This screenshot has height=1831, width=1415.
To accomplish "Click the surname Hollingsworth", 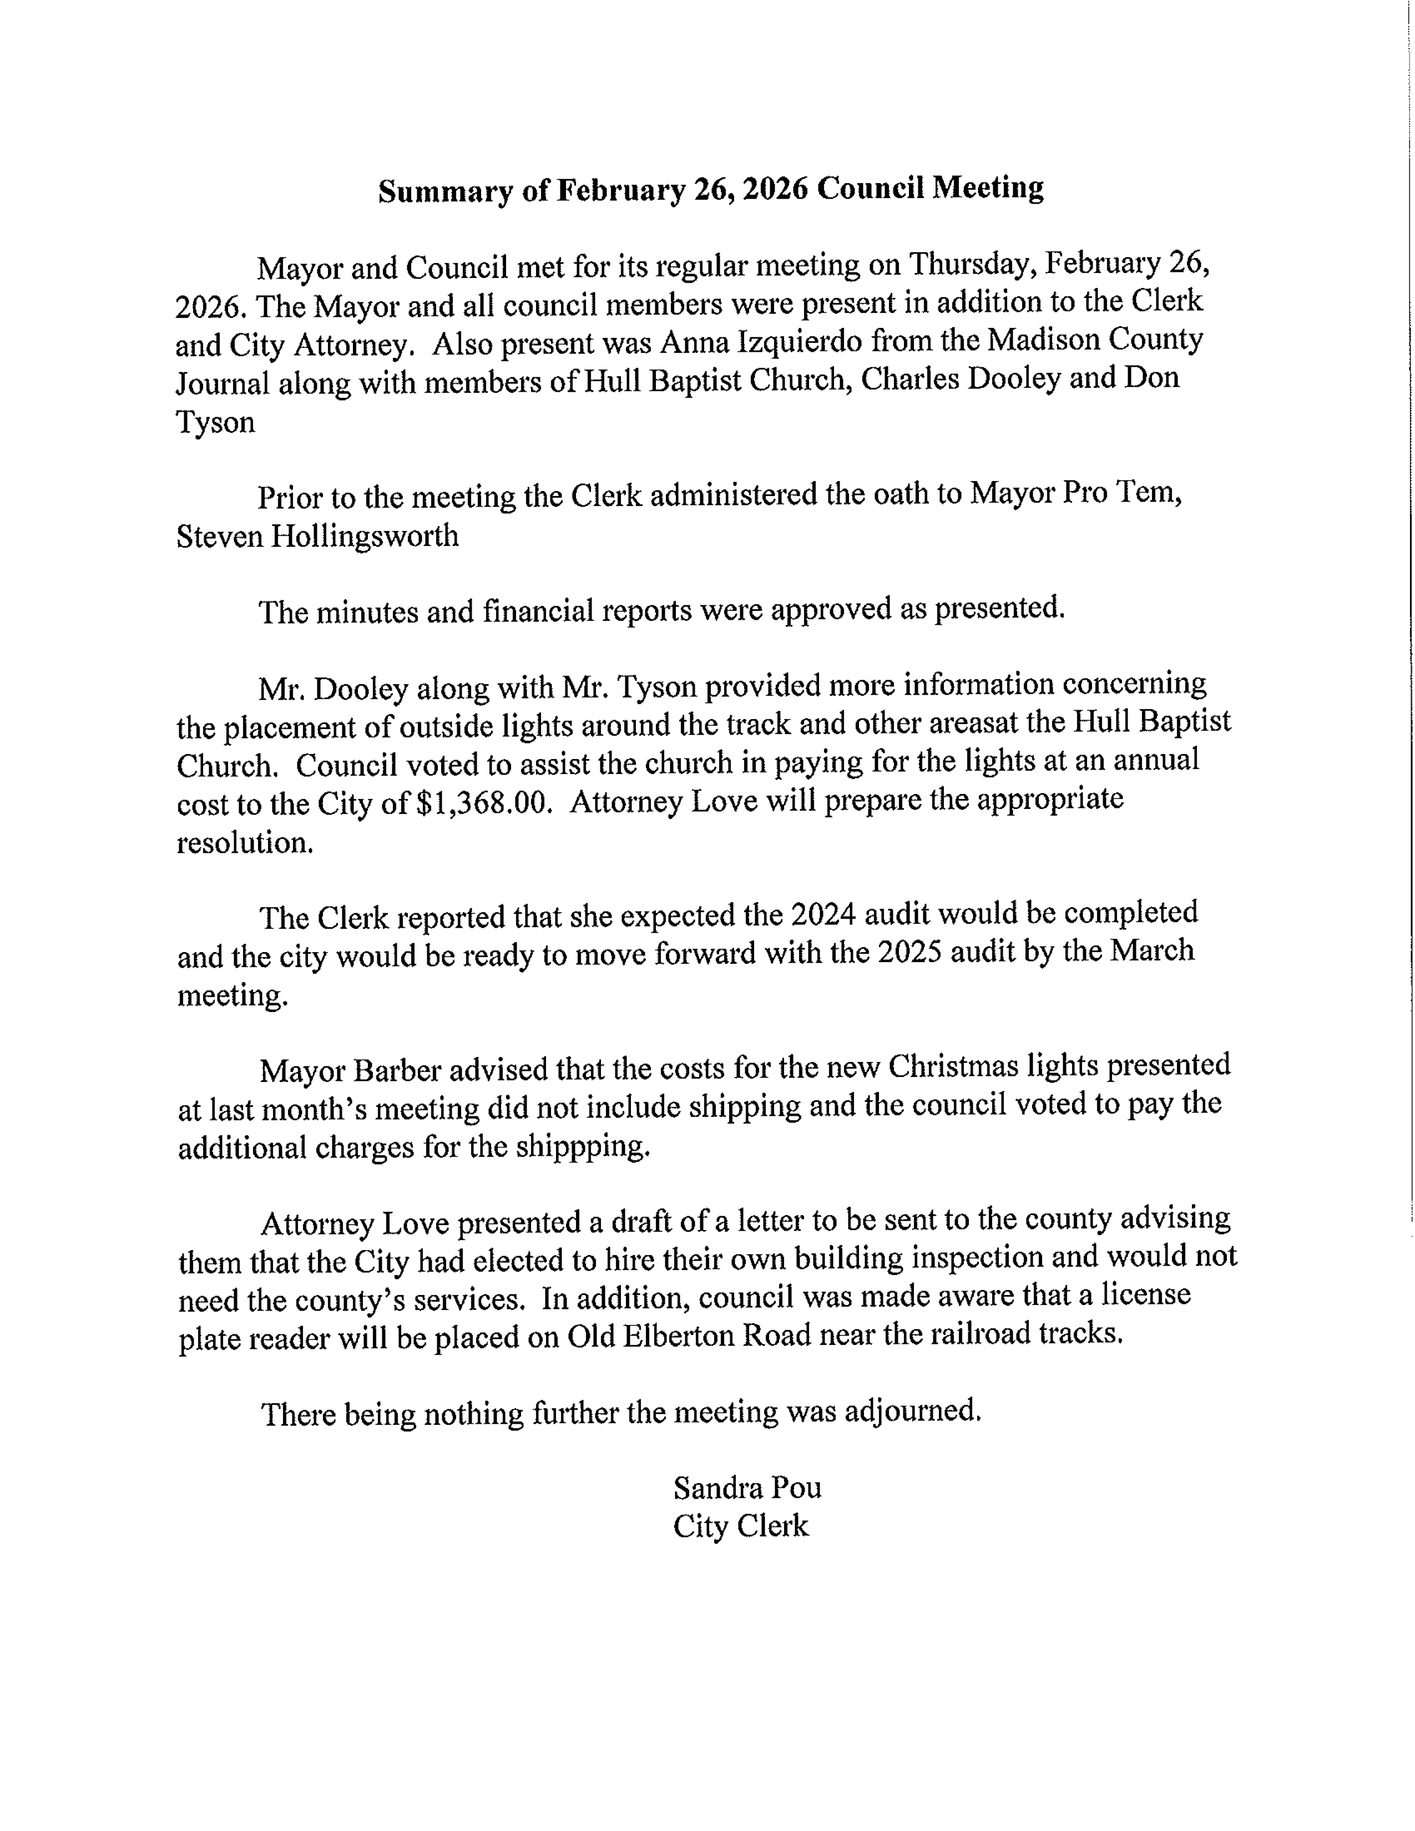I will [364, 536].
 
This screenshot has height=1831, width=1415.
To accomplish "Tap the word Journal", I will [222, 384].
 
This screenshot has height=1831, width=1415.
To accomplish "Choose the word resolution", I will [244, 843].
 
